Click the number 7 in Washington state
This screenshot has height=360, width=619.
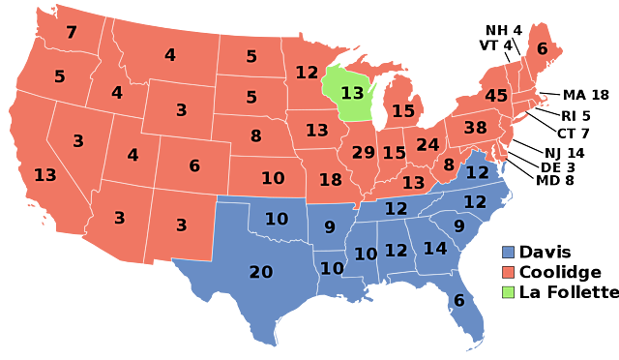pyautogui.click(x=71, y=33)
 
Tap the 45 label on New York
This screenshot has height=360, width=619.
pyautogui.click(x=496, y=96)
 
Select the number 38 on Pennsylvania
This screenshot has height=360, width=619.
pyautogui.click(x=475, y=128)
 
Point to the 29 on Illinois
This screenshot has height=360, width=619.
pyautogui.click(x=363, y=153)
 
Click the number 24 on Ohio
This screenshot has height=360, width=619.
pyautogui.click(x=427, y=145)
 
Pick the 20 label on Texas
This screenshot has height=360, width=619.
pyautogui.click(x=261, y=272)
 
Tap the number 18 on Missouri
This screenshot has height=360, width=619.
pyautogui.click(x=330, y=179)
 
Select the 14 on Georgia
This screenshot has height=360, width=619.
pyautogui.click(x=435, y=249)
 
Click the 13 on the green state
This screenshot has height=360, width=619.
pyautogui.click(x=352, y=93)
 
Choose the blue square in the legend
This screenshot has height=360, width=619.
pyautogui.click(x=508, y=253)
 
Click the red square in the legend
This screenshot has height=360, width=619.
pyautogui.click(x=508, y=272)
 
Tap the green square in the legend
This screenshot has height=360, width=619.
pyautogui.click(x=508, y=292)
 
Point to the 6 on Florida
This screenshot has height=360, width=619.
pyautogui.click(x=459, y=301)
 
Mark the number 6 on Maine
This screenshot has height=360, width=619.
pyautogui.click(x=542, y=48)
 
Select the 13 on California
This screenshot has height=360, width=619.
pyautogui.click(x=44, y=175)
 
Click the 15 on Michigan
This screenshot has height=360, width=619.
pyautogui.click(x=403, y=111)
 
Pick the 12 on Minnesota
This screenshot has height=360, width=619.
pyautogui.click(x=307, y=73)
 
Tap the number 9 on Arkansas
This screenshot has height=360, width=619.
pyautogui.click(x=330, y=227)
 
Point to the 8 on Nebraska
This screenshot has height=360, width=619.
pyautogui.click(x=255, y=136)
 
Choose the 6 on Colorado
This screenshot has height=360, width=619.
pyautogui.click(x=194, y=165)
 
